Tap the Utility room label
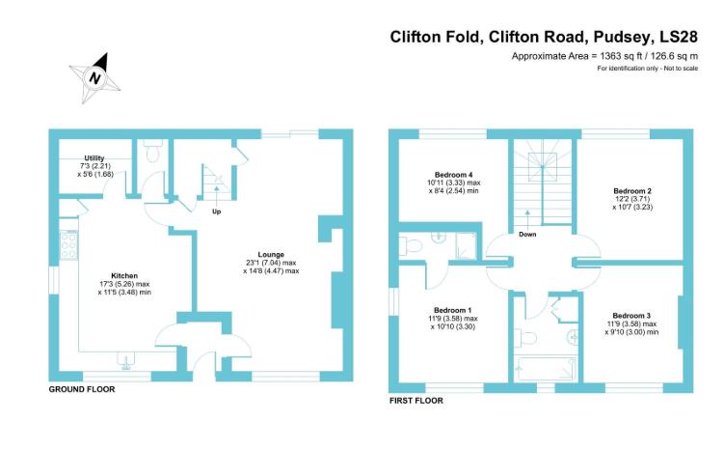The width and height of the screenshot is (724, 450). [94, 158]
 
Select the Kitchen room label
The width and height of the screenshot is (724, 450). [124, 274]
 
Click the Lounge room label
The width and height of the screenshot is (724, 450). [271, 255]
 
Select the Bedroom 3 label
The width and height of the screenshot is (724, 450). [631, 316]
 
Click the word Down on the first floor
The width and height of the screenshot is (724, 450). [527, 234]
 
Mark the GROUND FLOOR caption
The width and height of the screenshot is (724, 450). [82, 389]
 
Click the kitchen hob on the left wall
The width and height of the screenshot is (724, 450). [68, 247]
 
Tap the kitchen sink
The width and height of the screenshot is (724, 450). [124, 360]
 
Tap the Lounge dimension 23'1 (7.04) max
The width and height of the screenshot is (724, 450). [271, 264]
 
